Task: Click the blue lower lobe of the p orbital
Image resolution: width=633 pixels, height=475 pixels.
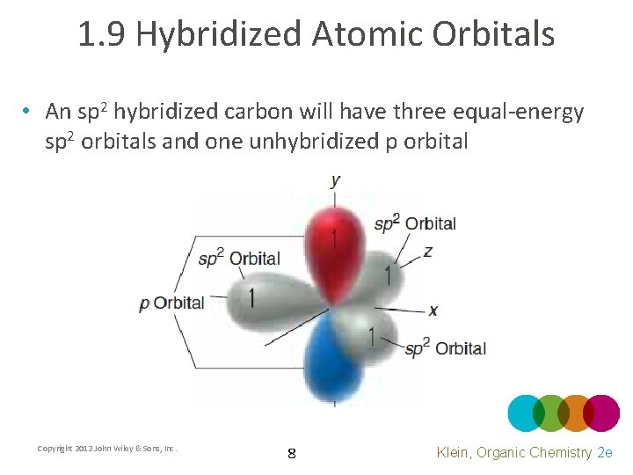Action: tap(332, 361)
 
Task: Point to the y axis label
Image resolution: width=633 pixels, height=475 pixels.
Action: tap(336, 181)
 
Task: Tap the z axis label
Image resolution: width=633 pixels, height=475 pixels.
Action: tap(427, 252)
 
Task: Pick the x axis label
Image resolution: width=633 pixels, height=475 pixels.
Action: tap(433, 311)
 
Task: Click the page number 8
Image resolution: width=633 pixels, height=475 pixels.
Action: tap(291, 454)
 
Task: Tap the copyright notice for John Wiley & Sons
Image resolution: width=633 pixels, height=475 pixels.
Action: tap(107, 449)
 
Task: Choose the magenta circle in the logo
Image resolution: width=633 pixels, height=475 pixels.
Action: tap(602, 413)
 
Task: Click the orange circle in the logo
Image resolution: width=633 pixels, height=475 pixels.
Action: tap(576, 413)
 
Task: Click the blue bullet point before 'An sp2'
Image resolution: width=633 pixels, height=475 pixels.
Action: tap(28, 112)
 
